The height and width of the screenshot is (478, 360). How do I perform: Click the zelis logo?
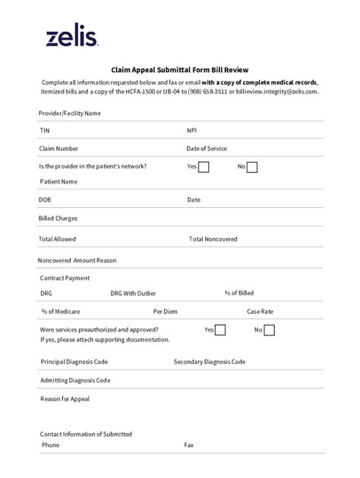[x=70, y=36]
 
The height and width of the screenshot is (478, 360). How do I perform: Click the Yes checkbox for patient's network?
[x=204, y=167]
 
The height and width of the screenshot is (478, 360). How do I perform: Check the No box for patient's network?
[x=252, y=167]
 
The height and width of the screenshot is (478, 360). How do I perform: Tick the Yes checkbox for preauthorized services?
[x=220, y=330]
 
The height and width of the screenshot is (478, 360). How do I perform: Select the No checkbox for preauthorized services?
[x=269, y=330]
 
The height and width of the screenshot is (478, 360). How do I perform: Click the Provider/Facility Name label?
[x=70, y=113]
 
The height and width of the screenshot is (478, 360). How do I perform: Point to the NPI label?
[x=191, y=131]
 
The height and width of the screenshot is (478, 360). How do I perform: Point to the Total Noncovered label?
[x=213, y=239]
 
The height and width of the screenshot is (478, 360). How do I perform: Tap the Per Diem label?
[x=165, y=311]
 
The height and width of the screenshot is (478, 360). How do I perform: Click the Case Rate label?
[x=260, y=311]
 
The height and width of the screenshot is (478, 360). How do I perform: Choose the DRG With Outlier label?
[x=134, y=293]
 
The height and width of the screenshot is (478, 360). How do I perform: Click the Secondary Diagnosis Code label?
[x=209, y=362]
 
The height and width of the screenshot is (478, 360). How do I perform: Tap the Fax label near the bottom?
[x=188, y=445]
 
